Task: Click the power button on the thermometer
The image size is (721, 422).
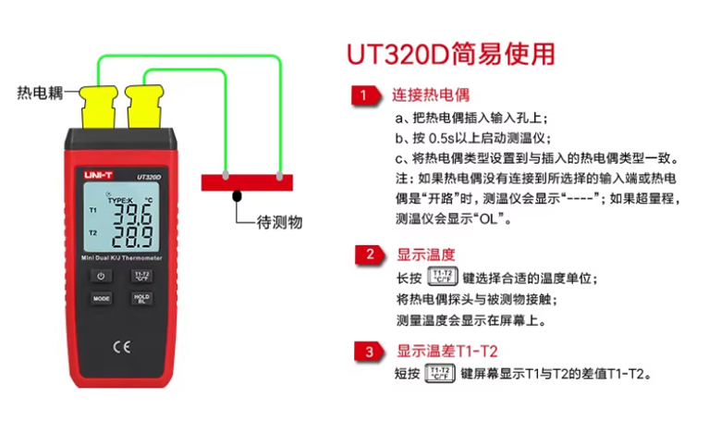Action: [x=101, y=276]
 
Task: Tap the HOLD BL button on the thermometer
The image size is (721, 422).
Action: [x=141, y=298]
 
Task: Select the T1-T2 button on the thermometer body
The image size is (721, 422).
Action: [x=141, y=276]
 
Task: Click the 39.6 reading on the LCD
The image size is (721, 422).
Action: [x=132, y=214]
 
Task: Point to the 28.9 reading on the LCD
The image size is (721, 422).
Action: [x=132, y=236]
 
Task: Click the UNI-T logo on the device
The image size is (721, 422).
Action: [x=98, y=175]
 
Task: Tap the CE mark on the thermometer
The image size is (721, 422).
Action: [x=122, y=347]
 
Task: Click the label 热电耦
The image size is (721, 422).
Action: [x=40, y=93]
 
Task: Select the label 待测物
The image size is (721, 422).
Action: [x=279, y=223]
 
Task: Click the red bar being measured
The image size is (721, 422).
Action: [x=247, y=182]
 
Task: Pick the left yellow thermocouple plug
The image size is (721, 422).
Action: [x=98, y=106]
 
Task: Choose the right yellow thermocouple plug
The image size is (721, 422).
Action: [x=145, y=106]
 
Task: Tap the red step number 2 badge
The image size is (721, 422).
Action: [x=370, y=254]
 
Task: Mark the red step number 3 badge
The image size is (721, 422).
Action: [x=369, y=352]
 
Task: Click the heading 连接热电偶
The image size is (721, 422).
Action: [x=431, y=94]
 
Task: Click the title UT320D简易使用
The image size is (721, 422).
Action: [x=451, y=54]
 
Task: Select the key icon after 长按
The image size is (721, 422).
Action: [x=443, y=277]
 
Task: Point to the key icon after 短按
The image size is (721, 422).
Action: [x=440, y=373]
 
